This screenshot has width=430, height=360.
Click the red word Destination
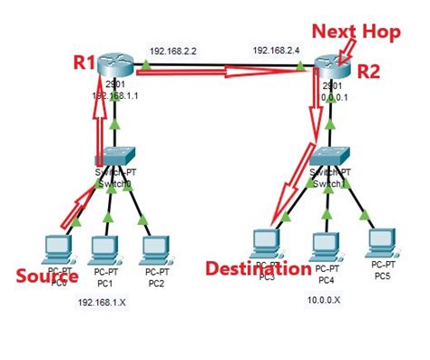coord(258,268)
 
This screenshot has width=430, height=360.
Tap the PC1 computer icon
coord(107,247)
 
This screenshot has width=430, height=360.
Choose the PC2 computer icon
coord(156,247)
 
